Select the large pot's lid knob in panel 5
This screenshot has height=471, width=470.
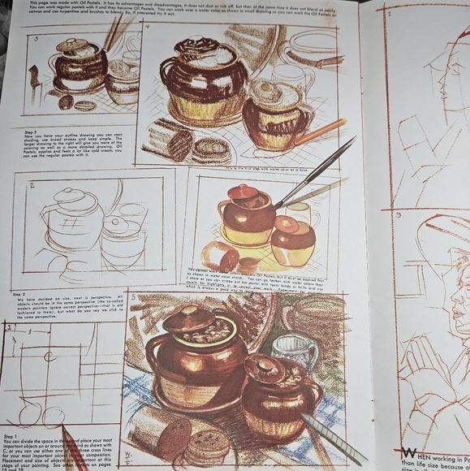(x=189, y=313)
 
